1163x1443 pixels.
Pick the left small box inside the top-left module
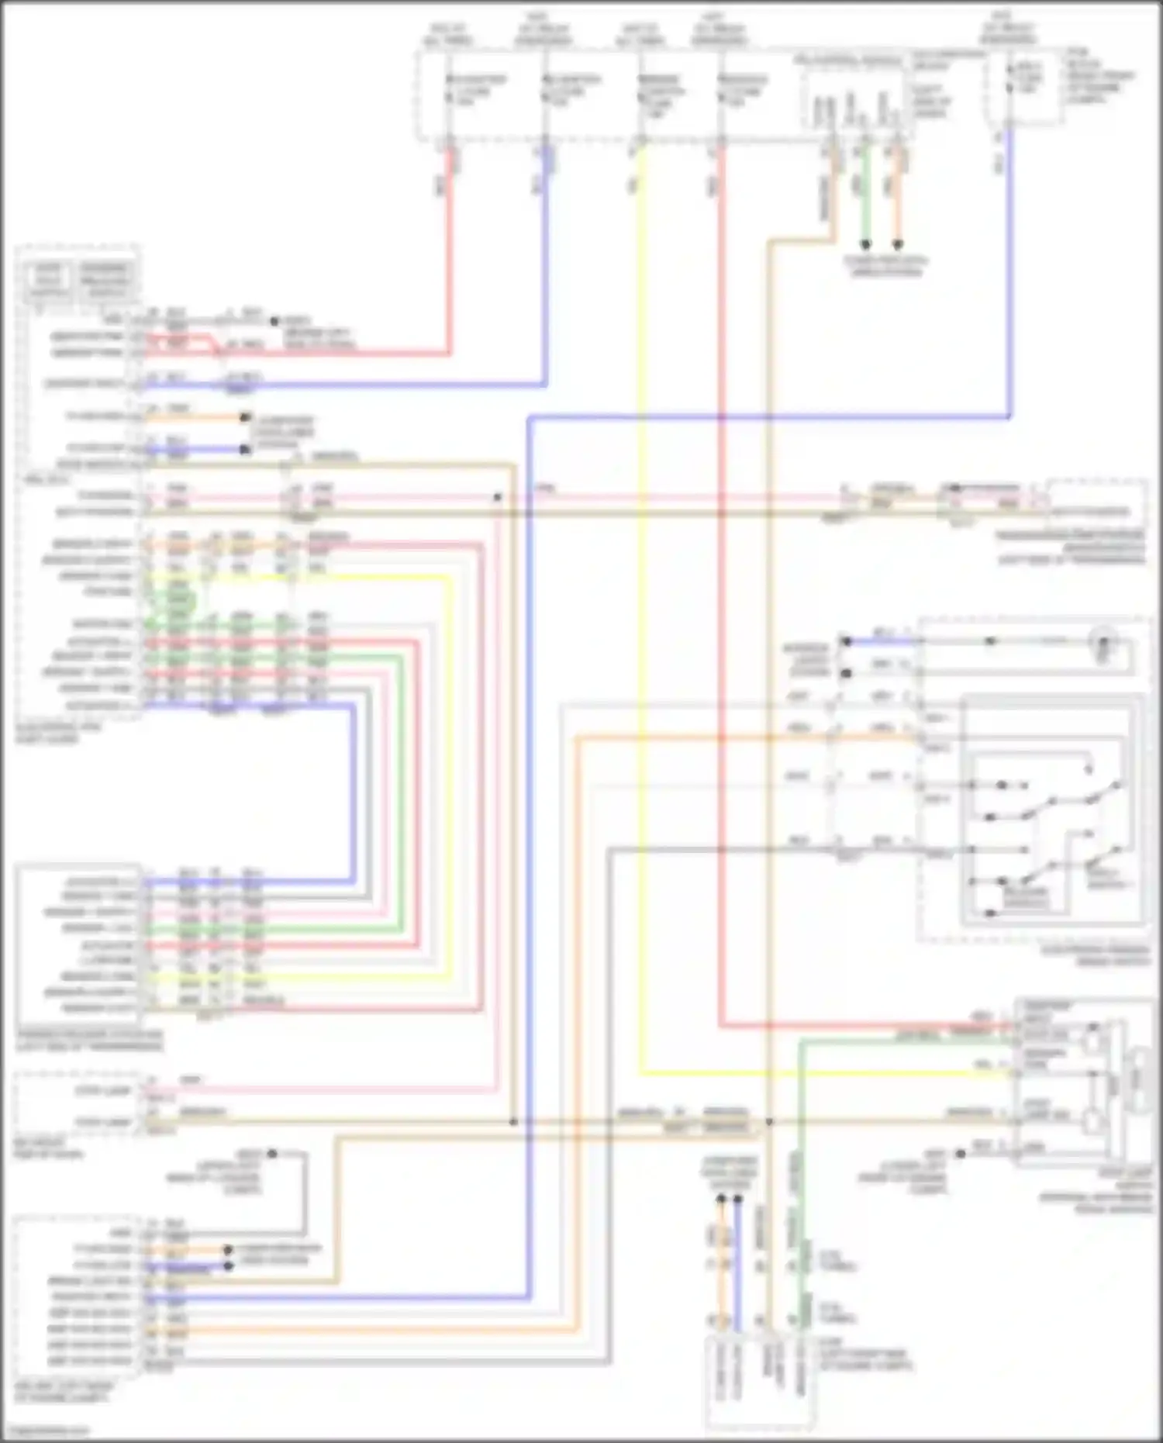(x=48, y=281)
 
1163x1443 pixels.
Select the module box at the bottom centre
(x=760, y=1381)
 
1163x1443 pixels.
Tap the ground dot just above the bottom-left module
(x=272, y=1154)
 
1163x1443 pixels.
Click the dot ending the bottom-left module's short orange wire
(x=228, y=1250)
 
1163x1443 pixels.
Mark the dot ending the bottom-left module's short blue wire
(x=228, y=1266)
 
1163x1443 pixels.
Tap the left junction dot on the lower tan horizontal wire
(x=513, y=1122)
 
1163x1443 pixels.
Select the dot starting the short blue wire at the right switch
(x=847, y=641)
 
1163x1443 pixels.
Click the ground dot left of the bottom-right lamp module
(x=960, y=1153)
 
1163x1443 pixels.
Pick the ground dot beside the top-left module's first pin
(x=273, y=321)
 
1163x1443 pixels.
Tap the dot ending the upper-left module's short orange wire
(x=245, y=418)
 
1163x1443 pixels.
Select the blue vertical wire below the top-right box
(x=1009, y=271)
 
